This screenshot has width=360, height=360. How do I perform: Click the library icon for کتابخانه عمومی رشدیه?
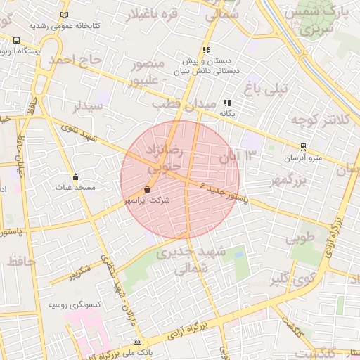point(65,15)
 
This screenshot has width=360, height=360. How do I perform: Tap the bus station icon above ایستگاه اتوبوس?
point(16,41)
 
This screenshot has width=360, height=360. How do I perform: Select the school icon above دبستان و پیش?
point(206,50)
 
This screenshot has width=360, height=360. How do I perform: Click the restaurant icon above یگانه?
point(227,103)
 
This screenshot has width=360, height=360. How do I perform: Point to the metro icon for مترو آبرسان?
point(303,147)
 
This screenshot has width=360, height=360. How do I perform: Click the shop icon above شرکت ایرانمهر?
point(147,190)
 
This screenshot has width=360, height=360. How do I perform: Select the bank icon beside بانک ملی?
point(137,342)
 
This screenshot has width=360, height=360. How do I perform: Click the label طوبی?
point(302,238)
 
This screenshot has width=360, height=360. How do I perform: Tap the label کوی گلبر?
point(290,280)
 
